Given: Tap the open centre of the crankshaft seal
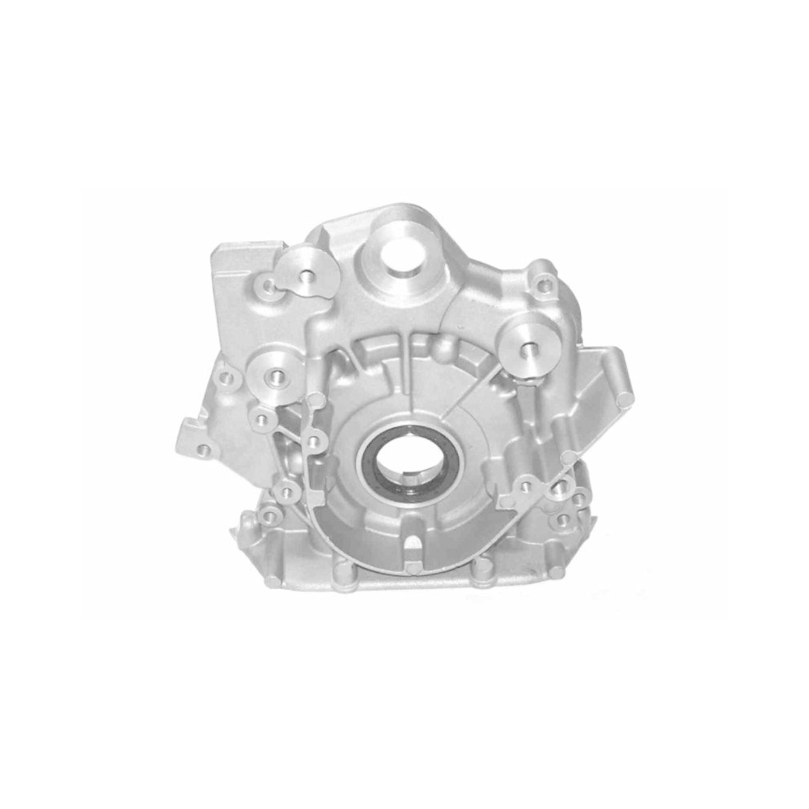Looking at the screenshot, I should (402, 460).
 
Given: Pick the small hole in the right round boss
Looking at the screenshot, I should (530, 349).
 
